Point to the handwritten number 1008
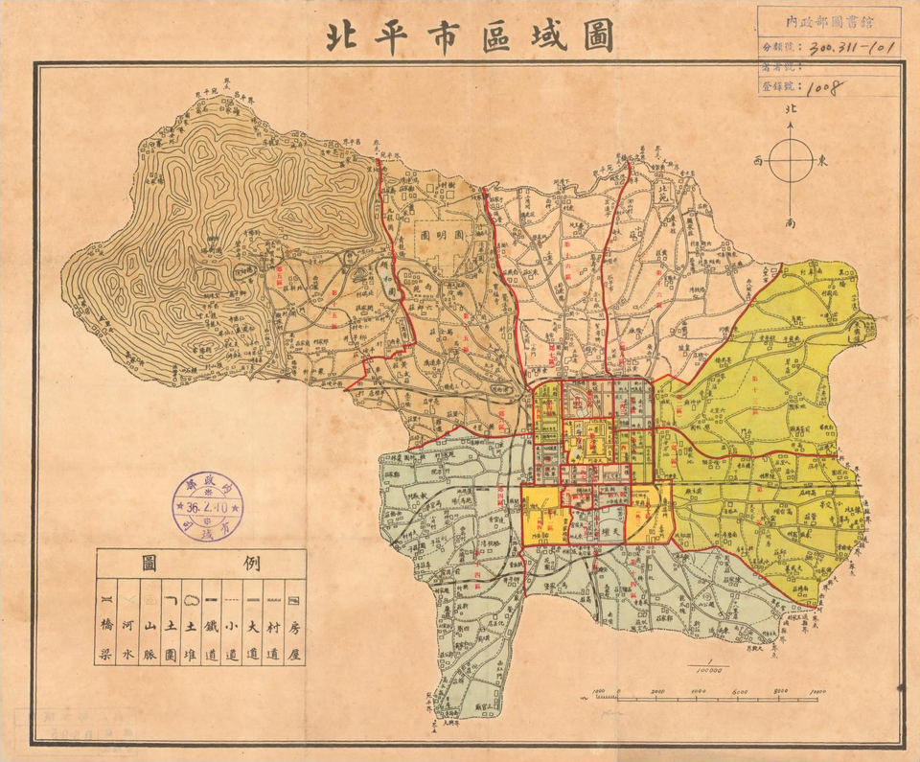pyautogui.click(x=823, y=87)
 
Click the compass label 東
pyautogui.click(x=821, y=161)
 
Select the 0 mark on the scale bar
pyautogui.click(x=617, y=691)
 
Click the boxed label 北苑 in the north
pyautogui.click(x=660, y=195)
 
